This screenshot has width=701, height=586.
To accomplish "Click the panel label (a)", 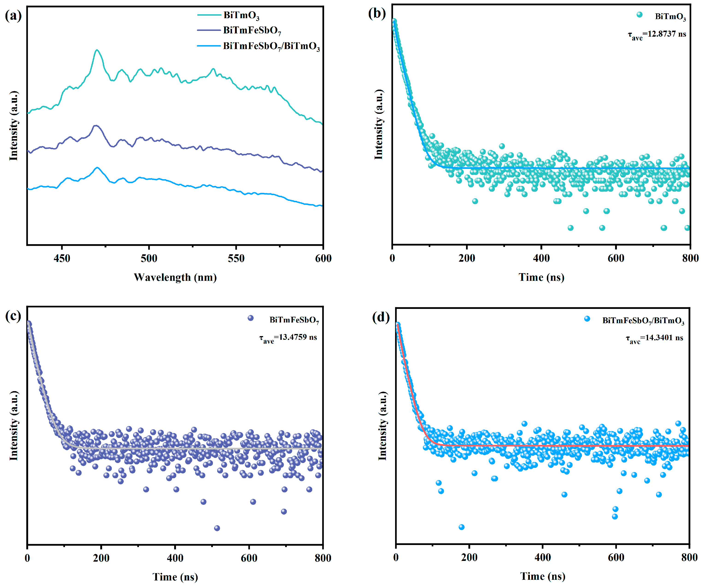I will [13, 16].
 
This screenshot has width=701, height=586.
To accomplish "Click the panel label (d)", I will [381, 317].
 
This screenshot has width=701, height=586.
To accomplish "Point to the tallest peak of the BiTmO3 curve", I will [97, 51].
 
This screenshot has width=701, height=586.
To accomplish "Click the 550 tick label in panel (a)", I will [236, 258].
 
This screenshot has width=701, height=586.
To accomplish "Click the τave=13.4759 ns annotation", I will [288, 338].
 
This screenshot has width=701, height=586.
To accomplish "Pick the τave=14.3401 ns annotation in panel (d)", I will [654, 338].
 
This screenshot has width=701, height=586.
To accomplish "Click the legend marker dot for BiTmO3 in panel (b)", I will [639, 15].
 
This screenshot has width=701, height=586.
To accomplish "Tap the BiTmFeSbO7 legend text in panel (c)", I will [294, 320].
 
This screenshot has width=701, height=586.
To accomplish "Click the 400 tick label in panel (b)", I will [541, 258].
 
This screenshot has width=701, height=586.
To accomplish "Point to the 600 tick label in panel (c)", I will [249, 558].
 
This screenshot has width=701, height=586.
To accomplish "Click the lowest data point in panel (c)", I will [217, 528].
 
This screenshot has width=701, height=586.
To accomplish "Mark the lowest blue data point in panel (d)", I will [461, 527].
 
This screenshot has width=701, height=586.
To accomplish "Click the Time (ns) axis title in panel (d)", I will [543, 576].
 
